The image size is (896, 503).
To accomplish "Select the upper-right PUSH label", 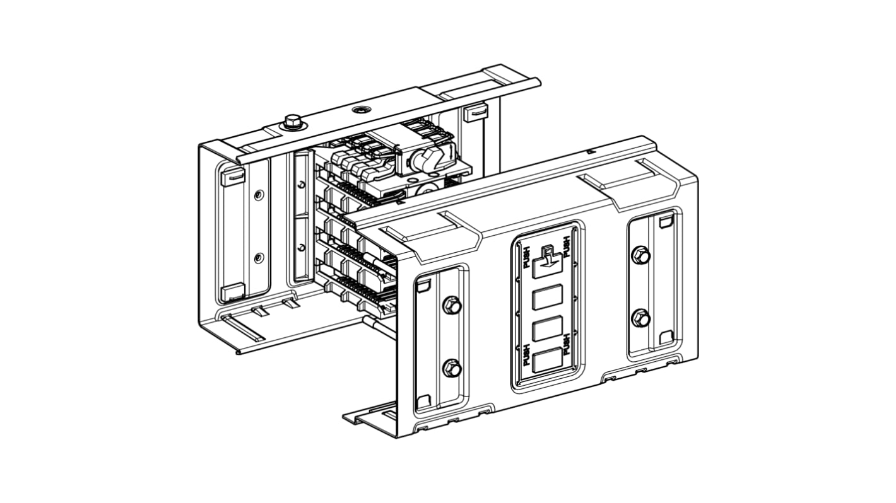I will coord(567,246).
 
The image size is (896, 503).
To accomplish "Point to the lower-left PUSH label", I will coord(526,355).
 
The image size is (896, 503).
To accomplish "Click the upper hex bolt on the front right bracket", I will coord(640,255).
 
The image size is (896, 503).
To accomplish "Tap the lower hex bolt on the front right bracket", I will coord(640,318).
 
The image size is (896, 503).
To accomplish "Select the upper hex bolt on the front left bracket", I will coord(452,306).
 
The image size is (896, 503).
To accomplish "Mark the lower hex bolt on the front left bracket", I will coord(452,368).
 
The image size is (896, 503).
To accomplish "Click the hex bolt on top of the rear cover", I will coord(292,120).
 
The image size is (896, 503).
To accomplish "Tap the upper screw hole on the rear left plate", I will coord(258,196).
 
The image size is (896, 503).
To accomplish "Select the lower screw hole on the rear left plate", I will coord(258,258).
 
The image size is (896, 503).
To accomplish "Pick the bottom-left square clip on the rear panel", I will coord(232,291).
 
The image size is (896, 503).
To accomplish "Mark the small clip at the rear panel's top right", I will coord(475,113).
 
